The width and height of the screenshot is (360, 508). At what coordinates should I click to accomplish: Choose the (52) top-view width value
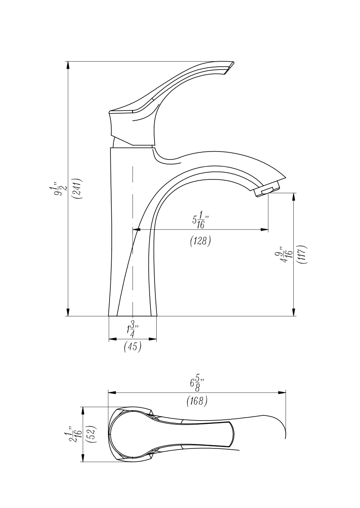click(93, 434)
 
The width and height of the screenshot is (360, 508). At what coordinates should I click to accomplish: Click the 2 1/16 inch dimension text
click(77, 434)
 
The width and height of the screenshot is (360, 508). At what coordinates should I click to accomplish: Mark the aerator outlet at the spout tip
click(267, 190)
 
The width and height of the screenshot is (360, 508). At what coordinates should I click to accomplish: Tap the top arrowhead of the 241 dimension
click(67, 65)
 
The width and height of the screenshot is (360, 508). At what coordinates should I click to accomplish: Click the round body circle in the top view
click(132, 434)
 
